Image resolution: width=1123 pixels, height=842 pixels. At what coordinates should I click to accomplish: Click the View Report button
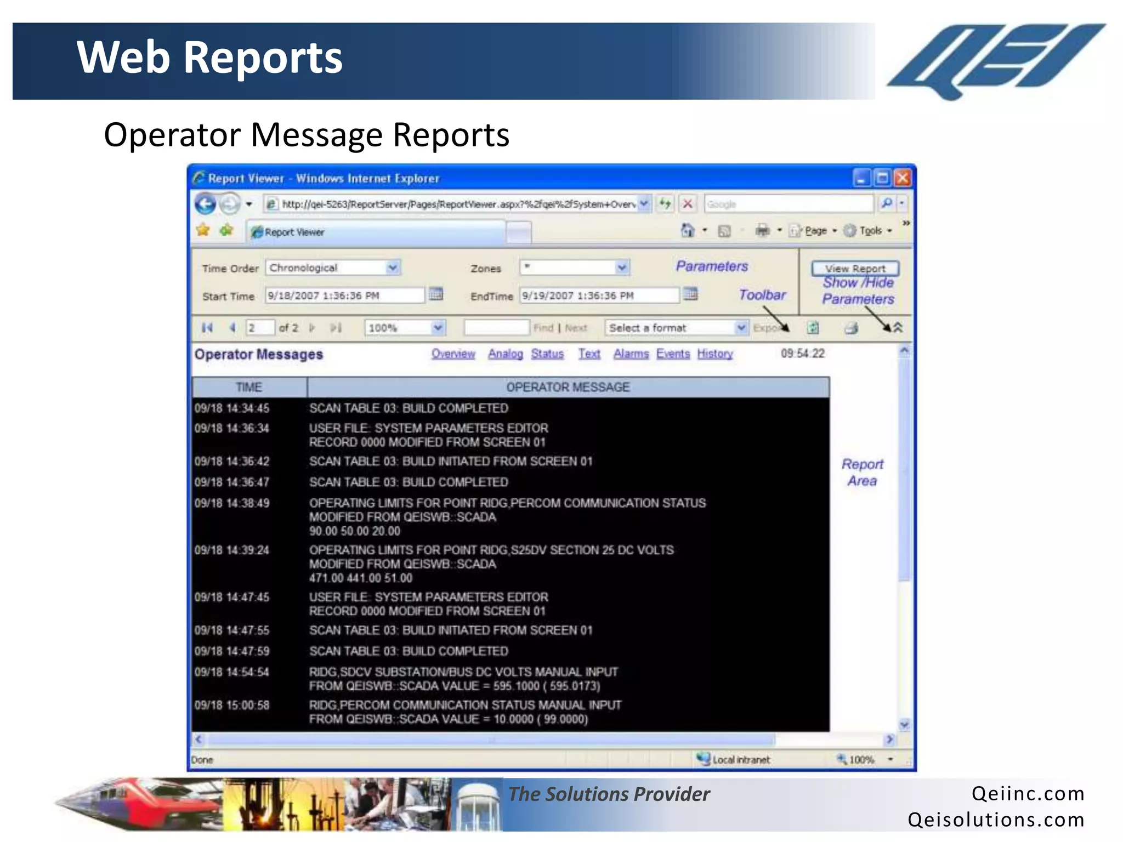coord(855,268)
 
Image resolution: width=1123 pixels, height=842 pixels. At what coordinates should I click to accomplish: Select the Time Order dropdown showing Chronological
coord(333,268)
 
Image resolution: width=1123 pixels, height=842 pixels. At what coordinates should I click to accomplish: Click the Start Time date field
coord(344,295)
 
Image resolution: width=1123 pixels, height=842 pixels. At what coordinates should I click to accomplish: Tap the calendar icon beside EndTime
coord(691,294)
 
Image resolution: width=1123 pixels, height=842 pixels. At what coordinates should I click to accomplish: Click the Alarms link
coord(631,354)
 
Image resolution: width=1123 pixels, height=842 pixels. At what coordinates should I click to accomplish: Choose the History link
coord(715,354)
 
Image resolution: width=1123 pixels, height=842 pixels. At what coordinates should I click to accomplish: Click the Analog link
coord(506,354)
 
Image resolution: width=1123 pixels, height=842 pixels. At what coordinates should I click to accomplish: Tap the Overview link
coord(453,354)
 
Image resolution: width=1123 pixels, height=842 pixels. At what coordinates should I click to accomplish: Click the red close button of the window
coord(902,178)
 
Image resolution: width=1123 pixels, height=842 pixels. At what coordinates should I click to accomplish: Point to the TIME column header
coord(249,387)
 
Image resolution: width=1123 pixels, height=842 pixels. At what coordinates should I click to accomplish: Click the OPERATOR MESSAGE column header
coord(568,387)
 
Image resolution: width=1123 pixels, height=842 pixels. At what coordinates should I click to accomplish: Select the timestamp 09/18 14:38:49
coord(232,503)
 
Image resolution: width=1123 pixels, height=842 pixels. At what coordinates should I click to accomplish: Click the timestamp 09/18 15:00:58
coord(232,705)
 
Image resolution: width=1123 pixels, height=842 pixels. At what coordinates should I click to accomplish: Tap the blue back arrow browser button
coord(206,204)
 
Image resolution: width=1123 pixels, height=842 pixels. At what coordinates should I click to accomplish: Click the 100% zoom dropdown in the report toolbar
coord(405,328)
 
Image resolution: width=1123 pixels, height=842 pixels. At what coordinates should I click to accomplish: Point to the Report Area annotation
coord(862,472)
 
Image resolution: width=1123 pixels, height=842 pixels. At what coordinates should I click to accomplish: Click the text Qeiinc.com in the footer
coord(1028,793)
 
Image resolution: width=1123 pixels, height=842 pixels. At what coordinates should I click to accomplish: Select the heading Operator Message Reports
coord(307,135)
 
